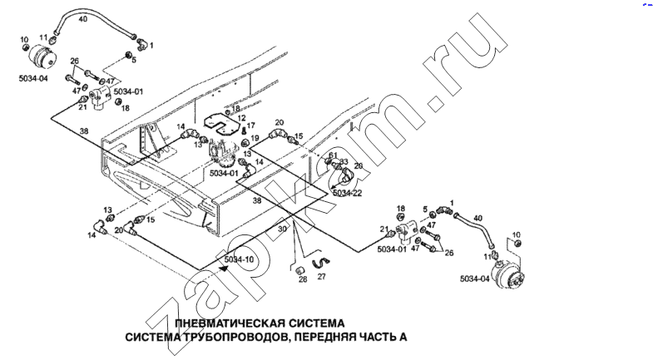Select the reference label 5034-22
point(346,193)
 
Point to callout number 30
point(282,229)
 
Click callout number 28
point(303,279)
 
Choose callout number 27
point(322,274)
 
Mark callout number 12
point(242,118)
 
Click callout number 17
point(250,126)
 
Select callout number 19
point(255,138)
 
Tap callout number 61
point(332,155)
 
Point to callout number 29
point(359,166)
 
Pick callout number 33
point(344,162)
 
